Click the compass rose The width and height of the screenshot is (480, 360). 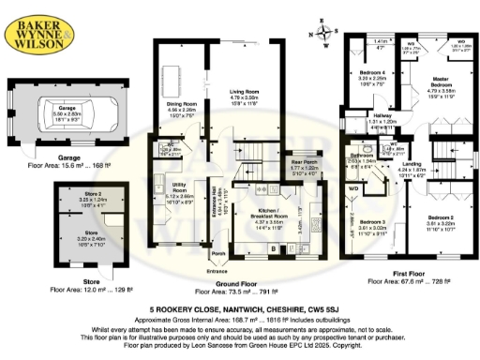click(324, 34)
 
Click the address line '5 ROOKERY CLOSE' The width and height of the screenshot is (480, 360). click(239, 308)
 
